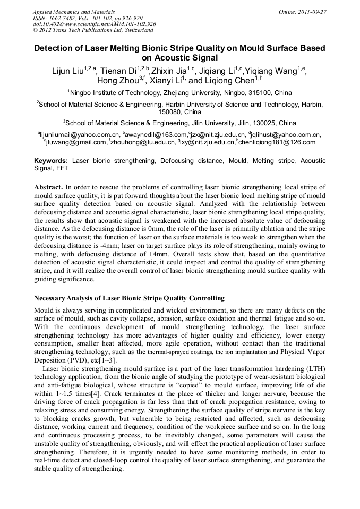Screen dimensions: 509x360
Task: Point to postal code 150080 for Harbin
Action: [x=169, y=112]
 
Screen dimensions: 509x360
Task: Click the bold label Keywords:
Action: [x=51, y=160]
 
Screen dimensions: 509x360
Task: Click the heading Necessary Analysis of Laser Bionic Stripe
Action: [x=129, y=298]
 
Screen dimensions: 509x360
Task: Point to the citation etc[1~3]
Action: [x=108, y=360]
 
